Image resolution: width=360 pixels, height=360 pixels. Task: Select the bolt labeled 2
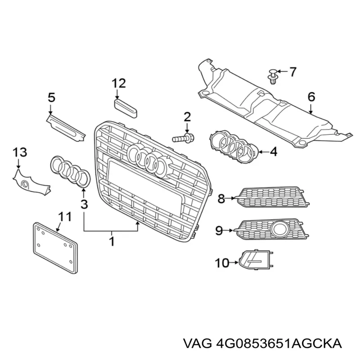click(x=183, y=139)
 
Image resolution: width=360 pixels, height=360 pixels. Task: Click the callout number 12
click(x=119, y=84)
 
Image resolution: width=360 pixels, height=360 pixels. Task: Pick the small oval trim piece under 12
click(x=126, y=108)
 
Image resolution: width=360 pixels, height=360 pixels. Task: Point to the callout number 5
click(x=51, y=97)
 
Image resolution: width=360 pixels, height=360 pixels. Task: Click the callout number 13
click(x=19, y=152)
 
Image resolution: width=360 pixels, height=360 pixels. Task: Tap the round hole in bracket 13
click(x=25, y=184)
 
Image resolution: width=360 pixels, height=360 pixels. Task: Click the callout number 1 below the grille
click(x=112, y=241)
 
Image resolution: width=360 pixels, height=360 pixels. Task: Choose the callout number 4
click(x=273, y=152)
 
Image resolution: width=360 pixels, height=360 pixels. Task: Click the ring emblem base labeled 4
click(x=234, y=147)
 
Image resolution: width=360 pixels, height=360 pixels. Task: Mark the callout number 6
click(x=311, y=97)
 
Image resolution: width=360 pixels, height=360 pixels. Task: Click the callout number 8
click(x=221, y=198)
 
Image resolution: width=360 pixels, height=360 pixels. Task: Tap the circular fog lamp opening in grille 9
click(x=279, y=229)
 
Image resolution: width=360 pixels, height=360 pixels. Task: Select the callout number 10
click(x=222, y=263)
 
